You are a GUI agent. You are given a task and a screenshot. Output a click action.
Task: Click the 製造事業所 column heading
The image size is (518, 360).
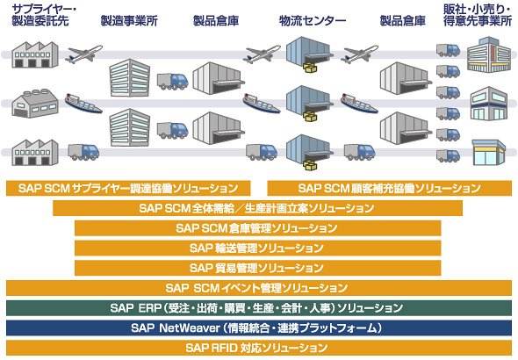coord(129,21)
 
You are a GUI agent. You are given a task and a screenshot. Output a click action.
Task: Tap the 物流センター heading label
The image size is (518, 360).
coord(313,21)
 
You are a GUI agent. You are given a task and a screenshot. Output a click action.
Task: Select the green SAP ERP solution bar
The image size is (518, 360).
coord(259,308)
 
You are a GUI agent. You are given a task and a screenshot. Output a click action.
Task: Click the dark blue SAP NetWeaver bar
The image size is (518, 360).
coord(259,328)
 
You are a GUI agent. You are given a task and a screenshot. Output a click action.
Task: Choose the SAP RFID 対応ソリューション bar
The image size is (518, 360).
coord(259,348)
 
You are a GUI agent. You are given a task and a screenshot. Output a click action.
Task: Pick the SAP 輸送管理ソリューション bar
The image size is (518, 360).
coord(257,248)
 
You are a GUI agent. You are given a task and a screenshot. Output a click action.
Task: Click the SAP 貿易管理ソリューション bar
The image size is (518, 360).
coord(257,268)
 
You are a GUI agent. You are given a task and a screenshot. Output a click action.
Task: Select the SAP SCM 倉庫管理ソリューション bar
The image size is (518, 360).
coord(257,228)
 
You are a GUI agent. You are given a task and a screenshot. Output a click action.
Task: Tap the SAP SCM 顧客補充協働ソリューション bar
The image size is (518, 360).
coord(390,188)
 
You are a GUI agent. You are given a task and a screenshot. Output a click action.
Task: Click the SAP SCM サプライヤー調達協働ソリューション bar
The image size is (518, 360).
coord(128,188)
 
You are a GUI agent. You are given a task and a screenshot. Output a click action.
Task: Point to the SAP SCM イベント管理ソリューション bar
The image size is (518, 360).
coord(259,288)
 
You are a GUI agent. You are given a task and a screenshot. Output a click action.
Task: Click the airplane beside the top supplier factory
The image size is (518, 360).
coord(83,54)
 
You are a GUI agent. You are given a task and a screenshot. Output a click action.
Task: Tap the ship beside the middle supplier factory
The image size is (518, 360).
coord(83,104)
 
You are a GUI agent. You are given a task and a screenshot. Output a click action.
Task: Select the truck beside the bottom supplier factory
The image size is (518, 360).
coord(83,152)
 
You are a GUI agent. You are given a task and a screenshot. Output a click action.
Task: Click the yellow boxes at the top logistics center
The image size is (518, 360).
coord(310,68)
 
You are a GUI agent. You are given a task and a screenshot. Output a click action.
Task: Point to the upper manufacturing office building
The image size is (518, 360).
coord(130,78)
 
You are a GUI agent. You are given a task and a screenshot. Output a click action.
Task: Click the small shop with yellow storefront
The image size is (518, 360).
coord(489,152)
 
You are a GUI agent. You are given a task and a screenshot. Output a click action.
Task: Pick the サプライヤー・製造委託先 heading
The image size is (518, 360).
coord(43,16)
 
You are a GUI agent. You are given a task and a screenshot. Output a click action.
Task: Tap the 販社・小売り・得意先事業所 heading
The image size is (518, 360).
coord(478,16)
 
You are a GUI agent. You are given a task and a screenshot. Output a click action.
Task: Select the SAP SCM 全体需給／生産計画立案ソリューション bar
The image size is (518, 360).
coord(257,208)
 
